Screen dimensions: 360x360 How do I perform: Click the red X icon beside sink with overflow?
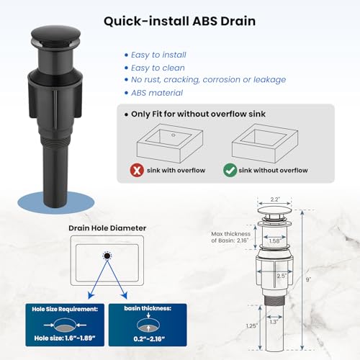(137, 170)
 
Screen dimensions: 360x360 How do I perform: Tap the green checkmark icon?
(230, 170)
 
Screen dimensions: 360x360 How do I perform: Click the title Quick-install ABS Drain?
(179, 21)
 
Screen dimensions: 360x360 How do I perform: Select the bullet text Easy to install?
(158, 55)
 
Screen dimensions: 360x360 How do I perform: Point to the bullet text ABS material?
(157, 93)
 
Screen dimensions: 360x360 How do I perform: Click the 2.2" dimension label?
(275, 199)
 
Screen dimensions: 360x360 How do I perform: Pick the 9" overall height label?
(308, 279)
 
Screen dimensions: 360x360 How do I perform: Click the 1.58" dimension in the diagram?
(274, 241)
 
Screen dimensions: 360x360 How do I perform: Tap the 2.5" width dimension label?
(282, 276)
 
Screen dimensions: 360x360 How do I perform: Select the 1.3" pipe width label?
(274, 322)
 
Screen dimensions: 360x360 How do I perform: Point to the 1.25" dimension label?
(252, 325)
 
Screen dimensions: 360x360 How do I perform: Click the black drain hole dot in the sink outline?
(107, 256)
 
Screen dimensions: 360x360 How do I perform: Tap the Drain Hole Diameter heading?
(107, 228)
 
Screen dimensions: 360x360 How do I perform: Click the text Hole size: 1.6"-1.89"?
(65, 338)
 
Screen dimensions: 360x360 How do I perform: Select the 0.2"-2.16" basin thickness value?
(149, 339)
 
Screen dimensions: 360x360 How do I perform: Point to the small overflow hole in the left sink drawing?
(174, 135)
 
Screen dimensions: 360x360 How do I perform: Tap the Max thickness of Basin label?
(230, 237)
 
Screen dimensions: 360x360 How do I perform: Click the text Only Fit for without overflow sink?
(198, 114)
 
